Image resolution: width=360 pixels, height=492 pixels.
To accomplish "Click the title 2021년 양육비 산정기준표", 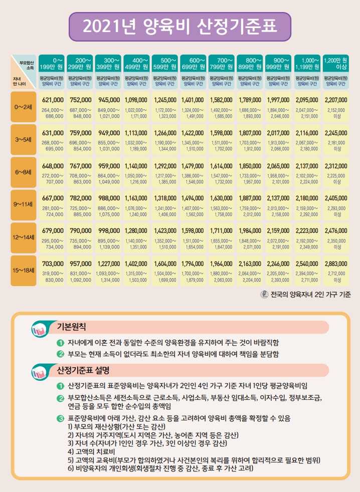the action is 179,27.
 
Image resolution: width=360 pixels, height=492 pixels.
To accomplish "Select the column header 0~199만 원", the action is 51,64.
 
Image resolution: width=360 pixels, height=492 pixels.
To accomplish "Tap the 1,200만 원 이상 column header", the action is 335,64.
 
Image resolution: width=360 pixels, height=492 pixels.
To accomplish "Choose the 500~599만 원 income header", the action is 165,64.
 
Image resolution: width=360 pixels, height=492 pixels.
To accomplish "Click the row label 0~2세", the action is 23,107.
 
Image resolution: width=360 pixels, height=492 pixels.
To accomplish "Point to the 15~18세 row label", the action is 23,270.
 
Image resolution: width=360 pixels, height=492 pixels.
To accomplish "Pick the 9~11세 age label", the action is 23,204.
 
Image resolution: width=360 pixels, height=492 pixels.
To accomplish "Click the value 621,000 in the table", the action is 53,100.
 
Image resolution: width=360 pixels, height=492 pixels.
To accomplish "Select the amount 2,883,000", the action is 336,264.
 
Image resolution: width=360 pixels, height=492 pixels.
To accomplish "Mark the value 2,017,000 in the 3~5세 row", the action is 278,133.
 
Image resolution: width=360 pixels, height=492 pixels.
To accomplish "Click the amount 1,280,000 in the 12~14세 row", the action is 136,230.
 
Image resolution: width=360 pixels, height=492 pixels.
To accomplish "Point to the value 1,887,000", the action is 250,198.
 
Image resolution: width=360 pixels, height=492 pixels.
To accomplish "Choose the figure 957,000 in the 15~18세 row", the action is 81,264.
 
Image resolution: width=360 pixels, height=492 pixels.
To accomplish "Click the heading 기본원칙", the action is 71,327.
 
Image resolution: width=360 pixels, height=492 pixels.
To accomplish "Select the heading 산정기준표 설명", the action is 83,371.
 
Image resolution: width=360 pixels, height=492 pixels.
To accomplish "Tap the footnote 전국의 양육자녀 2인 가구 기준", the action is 311,294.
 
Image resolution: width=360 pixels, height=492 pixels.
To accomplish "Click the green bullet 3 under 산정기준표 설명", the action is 60,418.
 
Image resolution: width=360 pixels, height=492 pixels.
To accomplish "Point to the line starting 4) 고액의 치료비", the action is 91,452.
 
